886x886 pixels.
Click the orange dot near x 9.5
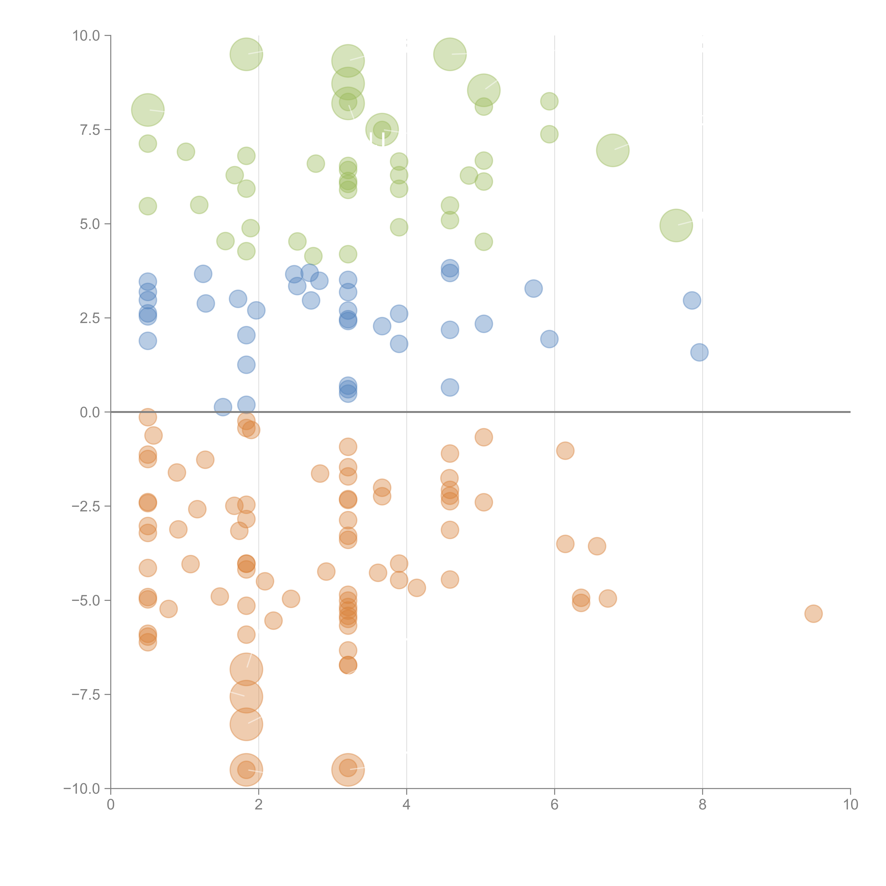pos(813,614)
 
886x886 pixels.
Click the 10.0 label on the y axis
pos(86,36)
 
